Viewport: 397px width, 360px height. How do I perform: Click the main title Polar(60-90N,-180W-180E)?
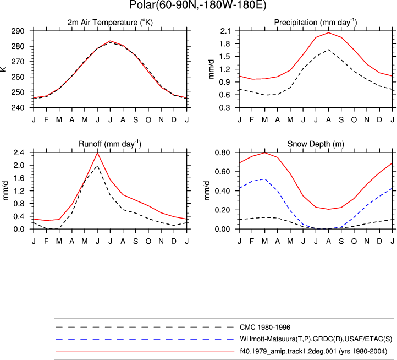pyautogui.click(x=198, y=5)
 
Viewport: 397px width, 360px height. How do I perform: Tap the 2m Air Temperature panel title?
pyautogui.click(x=110, y=23)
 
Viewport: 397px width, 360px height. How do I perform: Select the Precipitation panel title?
pyautogui.click(x=316, y=23)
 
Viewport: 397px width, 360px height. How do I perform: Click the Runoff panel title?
pyautogui.click(x=110, y=144)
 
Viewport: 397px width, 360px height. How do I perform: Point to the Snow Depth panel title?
pyautogui.click(x=316, y=144)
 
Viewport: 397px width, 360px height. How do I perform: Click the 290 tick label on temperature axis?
pyautogui.click(x=18, y=31)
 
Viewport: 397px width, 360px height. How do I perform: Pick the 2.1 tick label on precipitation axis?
pyautogui.click(x=225, y=31)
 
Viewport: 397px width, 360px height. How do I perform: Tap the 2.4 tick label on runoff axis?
pyautogui.click(x=19, y=152)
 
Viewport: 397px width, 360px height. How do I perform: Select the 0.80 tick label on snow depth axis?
pyautogui.click(x=222, y=152)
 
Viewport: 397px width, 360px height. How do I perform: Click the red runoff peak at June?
pyautogui.click(x=97, y=152)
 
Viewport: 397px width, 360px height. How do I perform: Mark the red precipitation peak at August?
pyautogui.click(x=328, y=32)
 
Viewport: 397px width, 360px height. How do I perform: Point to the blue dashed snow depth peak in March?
pyautogui.click(x=264, y=179)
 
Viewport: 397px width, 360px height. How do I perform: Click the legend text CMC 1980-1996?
pyautogui.click(x=265, y=328)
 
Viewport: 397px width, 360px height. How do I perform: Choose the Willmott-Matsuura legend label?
pyautogui.click(x=316, y=339)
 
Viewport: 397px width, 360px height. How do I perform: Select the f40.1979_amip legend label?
pyautogui.click(x=313, y=351)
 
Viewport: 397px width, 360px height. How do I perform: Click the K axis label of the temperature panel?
pyautogui.click(x=3, y=69)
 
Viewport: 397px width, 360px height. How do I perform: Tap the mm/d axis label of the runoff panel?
pyautogui.click(x=5, y=190)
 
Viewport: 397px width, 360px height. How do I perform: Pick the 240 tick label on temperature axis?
pyautogui.click(x=18, y=107)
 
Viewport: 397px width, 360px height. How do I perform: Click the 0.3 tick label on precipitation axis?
pyautogui.click(x=225, y=107)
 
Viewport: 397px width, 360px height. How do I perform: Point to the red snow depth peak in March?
pyautogui.click(x=265, y=152)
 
